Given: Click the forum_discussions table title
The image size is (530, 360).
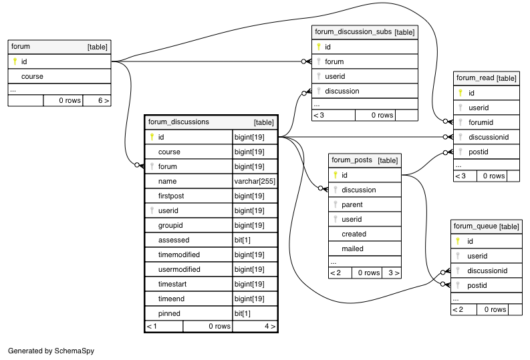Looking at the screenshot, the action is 178,122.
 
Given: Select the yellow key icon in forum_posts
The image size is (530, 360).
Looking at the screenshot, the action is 336,175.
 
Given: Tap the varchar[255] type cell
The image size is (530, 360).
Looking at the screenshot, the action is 255,182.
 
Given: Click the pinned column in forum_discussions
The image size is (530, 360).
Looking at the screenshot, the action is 169,313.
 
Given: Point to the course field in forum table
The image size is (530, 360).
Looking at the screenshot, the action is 32,76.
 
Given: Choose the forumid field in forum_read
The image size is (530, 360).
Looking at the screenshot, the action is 481,122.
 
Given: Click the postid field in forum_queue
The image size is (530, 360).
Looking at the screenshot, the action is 477,285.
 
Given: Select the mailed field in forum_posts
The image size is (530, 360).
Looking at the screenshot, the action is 352,248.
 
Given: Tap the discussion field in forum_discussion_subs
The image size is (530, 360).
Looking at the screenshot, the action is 342,91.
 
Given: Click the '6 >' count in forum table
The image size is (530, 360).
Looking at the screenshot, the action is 104,100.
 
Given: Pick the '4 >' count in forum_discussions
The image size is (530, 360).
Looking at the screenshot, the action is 270,326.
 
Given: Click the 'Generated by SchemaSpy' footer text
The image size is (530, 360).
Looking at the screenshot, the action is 51,351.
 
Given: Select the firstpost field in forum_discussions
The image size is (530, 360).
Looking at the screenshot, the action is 171,196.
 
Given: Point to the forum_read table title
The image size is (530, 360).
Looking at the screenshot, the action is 475,77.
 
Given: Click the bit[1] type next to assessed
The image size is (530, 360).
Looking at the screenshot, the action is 243,240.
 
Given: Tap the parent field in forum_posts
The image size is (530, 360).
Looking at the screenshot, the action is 352,204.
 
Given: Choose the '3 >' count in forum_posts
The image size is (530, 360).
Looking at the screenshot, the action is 394,273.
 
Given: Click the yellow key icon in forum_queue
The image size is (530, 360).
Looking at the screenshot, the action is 458,241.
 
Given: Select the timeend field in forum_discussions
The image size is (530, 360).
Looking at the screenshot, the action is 171,299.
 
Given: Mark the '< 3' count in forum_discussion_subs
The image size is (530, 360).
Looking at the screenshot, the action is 319,115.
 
